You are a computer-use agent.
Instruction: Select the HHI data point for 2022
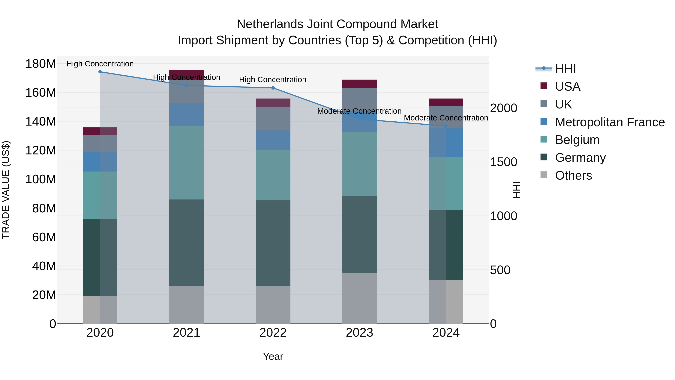point(273,88)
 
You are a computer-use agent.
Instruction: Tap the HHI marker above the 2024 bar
point(446,126)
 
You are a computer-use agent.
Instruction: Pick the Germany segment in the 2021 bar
point(186,243)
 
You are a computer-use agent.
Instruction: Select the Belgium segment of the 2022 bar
point(273,175)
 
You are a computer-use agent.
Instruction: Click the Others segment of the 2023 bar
point(359,298)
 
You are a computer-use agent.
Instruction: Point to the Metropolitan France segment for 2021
point(186,114)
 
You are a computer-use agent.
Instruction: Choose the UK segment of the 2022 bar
point(273,119)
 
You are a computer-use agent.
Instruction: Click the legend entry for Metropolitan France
point(610,122)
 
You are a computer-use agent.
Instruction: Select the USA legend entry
point(568,87)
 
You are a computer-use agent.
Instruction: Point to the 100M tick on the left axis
point(41,179)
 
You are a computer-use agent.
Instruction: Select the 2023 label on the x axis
point(359,333)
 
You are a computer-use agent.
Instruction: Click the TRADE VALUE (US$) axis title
point(6,190)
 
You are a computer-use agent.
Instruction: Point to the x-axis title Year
point(273,356)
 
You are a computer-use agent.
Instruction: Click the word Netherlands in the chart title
point(270,24)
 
